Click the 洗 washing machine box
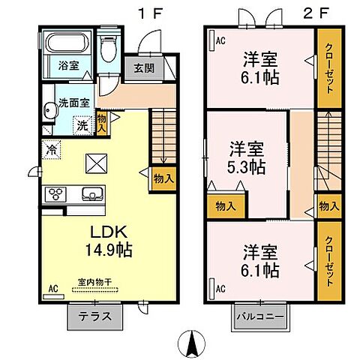(x=82, y=125)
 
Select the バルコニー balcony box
(x=261, y=316)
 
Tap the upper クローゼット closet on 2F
(x=328, y=68)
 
